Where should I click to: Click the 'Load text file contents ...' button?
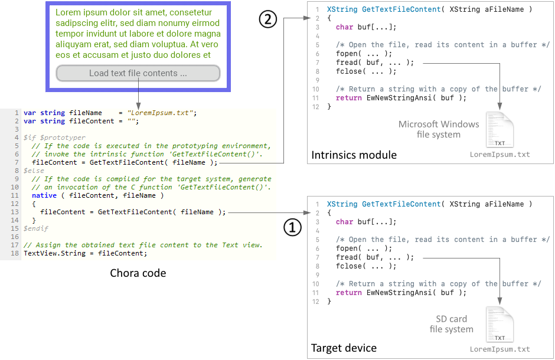[x=138, y=73]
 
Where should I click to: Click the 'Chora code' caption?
[x=138, y=273]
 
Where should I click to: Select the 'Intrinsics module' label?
[x=354, y=155]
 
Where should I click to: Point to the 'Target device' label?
[x=344, y=348]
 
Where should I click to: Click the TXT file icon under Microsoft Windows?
[x=500, y=130]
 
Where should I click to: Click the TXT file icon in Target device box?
[x=500, y=324]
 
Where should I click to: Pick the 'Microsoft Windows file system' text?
[x=439, y=129]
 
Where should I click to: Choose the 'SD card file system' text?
[x=452, y=323]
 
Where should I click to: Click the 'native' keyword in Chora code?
[x=44, y=195]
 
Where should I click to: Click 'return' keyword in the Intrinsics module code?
[x=348, y=98]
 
